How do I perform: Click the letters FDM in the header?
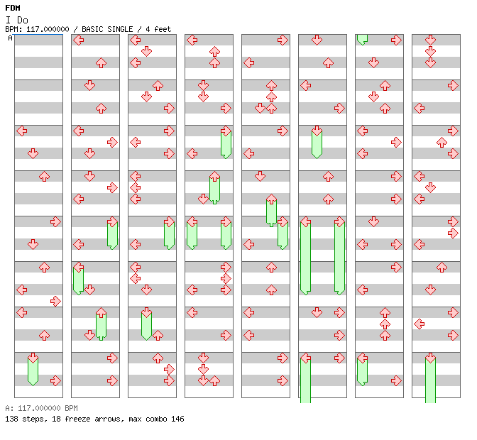[13, 8]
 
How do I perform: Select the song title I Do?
[17, 21]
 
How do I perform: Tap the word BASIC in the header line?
[92, 29]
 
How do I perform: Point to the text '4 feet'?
[158, 29]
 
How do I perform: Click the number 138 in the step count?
[11, 419]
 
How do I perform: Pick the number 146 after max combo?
[177, 419]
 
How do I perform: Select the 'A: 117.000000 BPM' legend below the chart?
[41, 408]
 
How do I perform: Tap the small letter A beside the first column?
[10, 38]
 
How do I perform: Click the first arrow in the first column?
[21, 131]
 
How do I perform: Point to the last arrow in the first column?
[55, 380]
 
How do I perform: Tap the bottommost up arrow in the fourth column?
[215, 380]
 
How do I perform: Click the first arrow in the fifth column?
[283, 40]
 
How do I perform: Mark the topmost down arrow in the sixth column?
[317, 40]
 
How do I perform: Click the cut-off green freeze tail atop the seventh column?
[362, 40]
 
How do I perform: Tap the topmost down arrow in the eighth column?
[430, 40]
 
